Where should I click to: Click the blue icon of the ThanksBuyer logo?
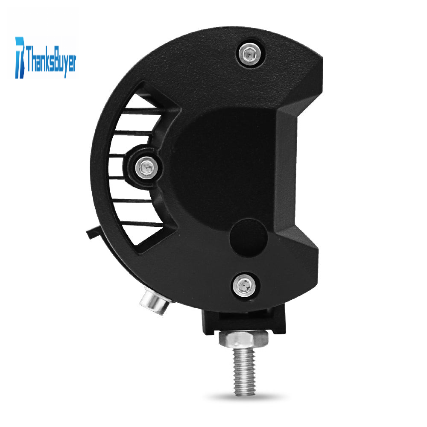[20, 58]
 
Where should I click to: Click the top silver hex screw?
[249, 55]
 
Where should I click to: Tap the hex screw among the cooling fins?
[146, 167]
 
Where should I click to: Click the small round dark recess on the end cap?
[249, 237]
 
